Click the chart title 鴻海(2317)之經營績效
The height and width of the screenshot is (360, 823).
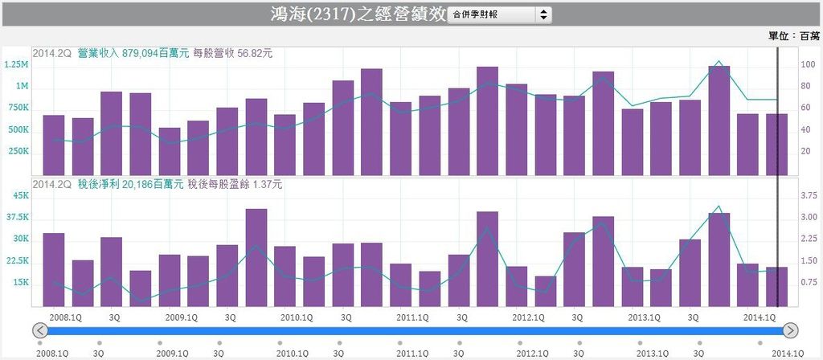coord(358,14)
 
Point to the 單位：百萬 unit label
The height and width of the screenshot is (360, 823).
coord(795,36)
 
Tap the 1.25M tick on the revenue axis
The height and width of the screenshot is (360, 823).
coord(16,64)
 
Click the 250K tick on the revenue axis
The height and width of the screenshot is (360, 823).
coord(18,151)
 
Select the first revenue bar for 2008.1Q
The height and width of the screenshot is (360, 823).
coord(54,145)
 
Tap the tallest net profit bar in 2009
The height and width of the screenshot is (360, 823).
coord(256,257)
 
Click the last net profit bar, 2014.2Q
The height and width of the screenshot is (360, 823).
coord(776,286)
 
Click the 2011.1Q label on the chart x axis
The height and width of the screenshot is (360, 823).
coord(412,317)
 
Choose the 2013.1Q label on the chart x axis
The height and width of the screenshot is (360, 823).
coord(644,317)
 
